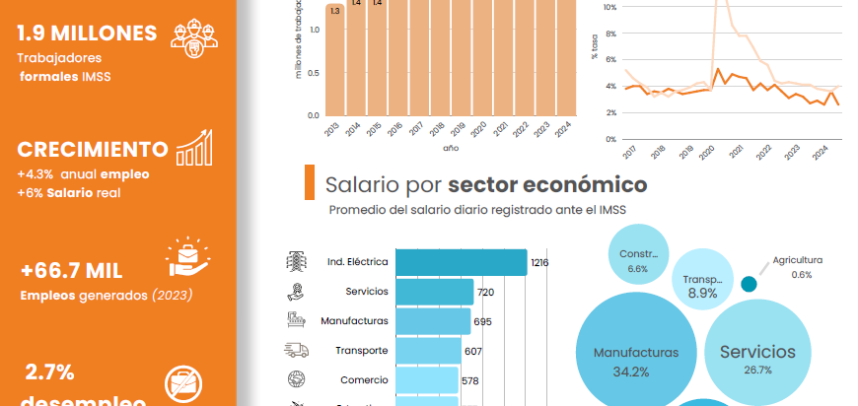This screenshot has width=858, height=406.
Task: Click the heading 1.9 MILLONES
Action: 87,34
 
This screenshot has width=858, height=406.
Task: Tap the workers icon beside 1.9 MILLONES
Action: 193,36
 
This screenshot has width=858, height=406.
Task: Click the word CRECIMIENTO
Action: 92,150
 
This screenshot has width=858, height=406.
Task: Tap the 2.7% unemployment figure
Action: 50,372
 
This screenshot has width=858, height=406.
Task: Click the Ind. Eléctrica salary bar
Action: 461,262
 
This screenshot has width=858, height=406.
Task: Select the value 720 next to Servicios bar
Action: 485,292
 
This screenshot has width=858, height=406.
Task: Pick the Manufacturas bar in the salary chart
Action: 432,321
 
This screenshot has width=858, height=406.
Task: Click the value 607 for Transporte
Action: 473,351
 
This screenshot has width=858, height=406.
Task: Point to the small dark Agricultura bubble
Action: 749,284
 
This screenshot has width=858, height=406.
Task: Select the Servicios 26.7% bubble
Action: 757,357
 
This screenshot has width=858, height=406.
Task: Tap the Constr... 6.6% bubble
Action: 637,259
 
